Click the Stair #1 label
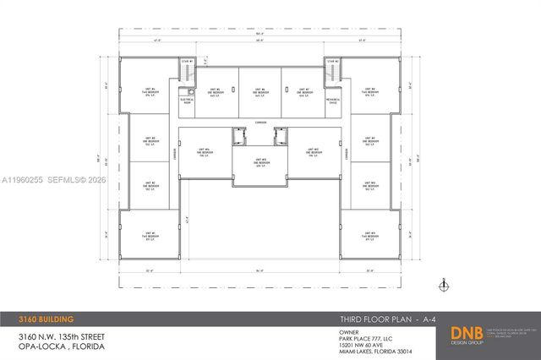click(188, 61)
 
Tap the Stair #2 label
click(335, 61)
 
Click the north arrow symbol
click(443, 284)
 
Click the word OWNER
click(336, 332)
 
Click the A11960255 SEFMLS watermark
click(55, 179)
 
